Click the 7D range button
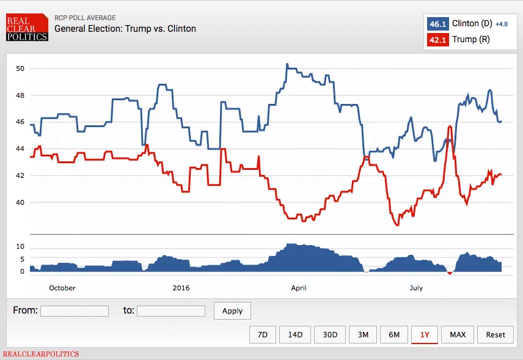[x=263, y=334]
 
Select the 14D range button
[x=295, y=334]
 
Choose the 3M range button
[x=363, y=334]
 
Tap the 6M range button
[x=394, y=334]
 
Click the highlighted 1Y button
[x=425, y=334]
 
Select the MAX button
[x=458, y=334]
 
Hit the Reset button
[x=496, y=334]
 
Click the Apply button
[x=232, y=310]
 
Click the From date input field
[x=75, y=310]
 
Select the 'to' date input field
[x=171, y=310]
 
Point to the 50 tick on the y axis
[x=20, y=68]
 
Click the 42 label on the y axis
[x=20, y=175]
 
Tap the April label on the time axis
[x=299, y=288]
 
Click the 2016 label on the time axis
[x=181, y=288]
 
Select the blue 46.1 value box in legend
[x=437, y=24]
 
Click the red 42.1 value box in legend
[x=437, y=40]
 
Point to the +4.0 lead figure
[x=501, y=24]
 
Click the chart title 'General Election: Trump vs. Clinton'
[x=125, y=28]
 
